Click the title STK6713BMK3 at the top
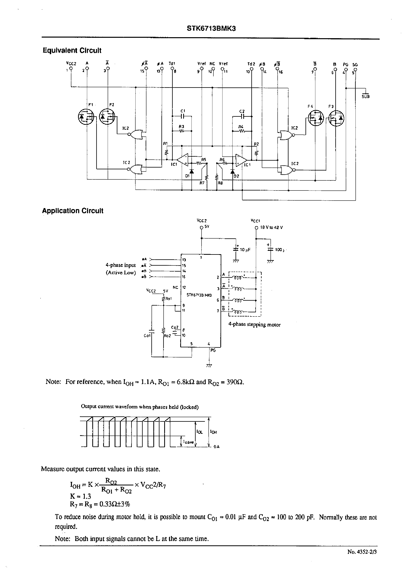tap(211, 29)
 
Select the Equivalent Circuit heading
tap(72, 50)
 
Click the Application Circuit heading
tap(73, 211)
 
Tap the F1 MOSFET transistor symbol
tap(86, 117)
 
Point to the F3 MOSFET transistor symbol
tap(336, 118)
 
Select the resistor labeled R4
tap(242, 131)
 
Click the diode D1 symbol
tap(192, 171)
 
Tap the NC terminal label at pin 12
tap(212, 64)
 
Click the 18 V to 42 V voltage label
tap(271, 227)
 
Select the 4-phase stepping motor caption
tap(254, 324)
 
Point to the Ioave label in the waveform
tap(188, 442)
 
